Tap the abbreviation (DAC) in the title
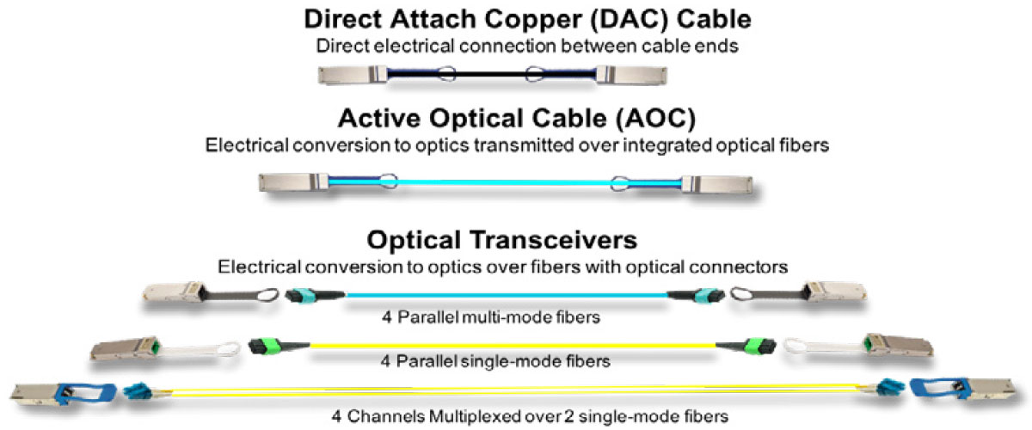(x=629, y=20)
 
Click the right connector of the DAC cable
(x=631, y=75)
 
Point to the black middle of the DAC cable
(x=491, y=73)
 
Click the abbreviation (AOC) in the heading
(x=655, y=119)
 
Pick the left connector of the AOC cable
(x=293, y=182)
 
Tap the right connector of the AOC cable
(x=717, y=184)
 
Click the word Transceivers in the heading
(x=553, y=240)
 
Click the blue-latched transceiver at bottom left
(x=64, y=394)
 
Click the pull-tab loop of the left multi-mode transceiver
(x=267, y=295)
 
